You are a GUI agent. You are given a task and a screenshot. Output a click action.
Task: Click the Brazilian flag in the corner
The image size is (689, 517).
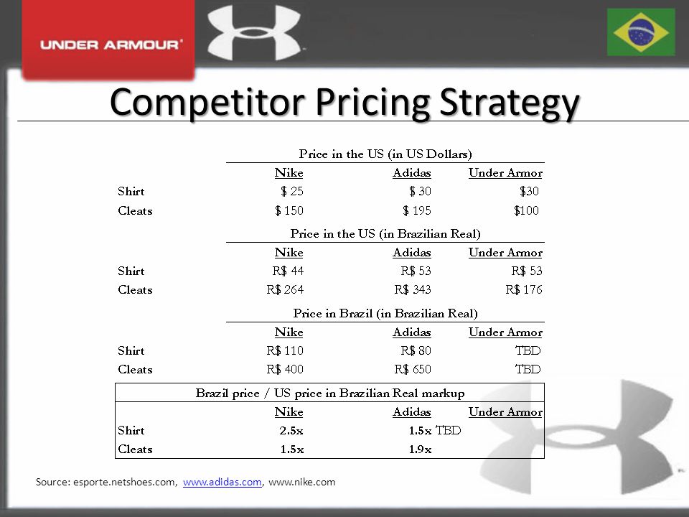(641, 32)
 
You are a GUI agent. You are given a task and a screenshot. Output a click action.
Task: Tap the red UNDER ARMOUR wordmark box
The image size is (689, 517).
(108, 39)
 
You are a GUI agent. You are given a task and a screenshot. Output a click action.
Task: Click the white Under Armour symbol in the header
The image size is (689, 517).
(254, 32)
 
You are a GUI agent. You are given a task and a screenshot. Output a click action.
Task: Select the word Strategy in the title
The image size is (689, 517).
(510, 103)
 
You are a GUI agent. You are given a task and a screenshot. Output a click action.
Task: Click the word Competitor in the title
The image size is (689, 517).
(207, 103)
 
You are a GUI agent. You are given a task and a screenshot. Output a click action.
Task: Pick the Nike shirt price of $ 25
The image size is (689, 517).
(292, 191)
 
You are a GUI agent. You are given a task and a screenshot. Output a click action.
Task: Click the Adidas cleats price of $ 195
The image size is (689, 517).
(416, 210)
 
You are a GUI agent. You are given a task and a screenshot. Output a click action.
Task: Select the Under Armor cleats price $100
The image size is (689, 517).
(526, 210)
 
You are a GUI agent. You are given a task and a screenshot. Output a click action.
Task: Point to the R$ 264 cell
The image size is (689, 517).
(285, 289)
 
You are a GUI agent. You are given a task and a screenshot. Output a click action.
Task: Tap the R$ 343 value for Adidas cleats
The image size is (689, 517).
(413, 289)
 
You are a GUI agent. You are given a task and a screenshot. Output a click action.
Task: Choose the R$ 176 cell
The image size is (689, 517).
(524, 289)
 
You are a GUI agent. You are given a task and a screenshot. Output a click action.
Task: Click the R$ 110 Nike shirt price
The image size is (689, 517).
(285, 351)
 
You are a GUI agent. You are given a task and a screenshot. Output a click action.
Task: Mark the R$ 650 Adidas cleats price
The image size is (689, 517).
(413, 369)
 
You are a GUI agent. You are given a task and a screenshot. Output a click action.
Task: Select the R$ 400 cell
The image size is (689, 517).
(285, 369)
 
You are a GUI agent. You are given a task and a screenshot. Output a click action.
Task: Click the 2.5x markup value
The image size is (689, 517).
(291, 430)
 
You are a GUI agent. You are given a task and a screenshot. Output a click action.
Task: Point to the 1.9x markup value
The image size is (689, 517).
(420, 450)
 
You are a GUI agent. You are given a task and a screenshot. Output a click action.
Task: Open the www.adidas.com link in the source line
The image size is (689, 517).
(222, 483)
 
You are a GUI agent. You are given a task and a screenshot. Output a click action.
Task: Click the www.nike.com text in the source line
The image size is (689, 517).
(302, 483)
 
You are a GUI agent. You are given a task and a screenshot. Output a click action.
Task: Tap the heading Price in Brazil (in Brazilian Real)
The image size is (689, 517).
(385, 314)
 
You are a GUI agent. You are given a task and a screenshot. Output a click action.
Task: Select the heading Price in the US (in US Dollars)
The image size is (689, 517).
(385, 154)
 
